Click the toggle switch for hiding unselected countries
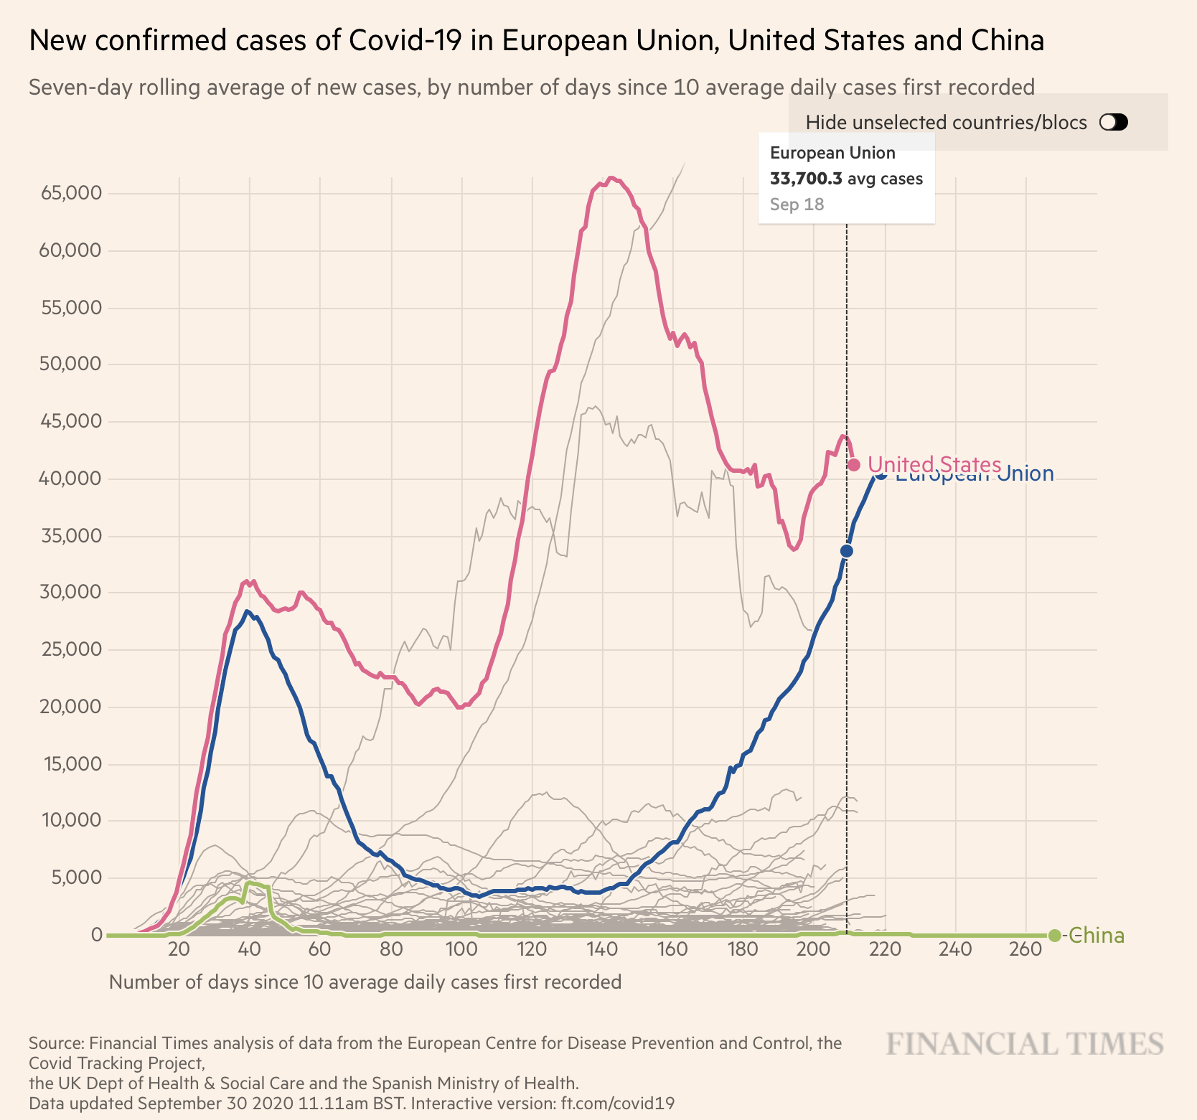click(1114, 123)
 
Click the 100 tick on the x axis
click(461, 949)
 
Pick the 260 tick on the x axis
click(1025, 949)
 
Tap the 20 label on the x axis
click(179, 949)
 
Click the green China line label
click(1097, 936)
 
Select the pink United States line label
click(934, 465)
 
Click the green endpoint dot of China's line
click(1054, 935)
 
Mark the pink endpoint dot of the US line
click(854, 465)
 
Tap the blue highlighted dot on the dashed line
click(847, 551)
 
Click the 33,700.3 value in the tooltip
click(806, 179)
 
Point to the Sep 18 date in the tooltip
click(797, 204)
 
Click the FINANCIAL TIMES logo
click(1025, 1044)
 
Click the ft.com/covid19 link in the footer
click(618, 1103)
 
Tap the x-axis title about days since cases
click(365, 982)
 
